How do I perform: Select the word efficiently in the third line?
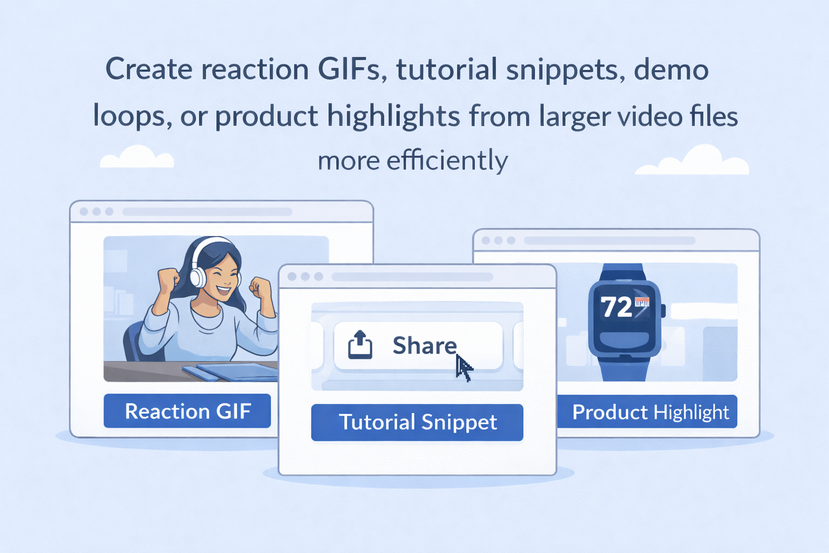[x=447, y=161]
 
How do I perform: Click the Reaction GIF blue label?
[x=187, y=411]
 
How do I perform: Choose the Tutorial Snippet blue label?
[x=417, y=422]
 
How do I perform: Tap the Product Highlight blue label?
[x=647, y=412]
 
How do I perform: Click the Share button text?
[x=425, y=345]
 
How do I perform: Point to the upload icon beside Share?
[x=360, y=345]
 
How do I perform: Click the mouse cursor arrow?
[x=464, y=367]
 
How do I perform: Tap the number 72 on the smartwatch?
[x=616, y=307]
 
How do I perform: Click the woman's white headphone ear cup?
[x=198, y=276]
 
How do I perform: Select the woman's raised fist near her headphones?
[x=168, y=280]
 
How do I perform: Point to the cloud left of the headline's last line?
[x=137, y=157]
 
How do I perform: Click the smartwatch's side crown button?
[x=663, y=311]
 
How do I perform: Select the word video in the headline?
[x=647, y=116]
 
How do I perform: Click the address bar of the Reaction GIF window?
[x=207, y=212]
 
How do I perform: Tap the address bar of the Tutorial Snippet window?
[x=412, y=276]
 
